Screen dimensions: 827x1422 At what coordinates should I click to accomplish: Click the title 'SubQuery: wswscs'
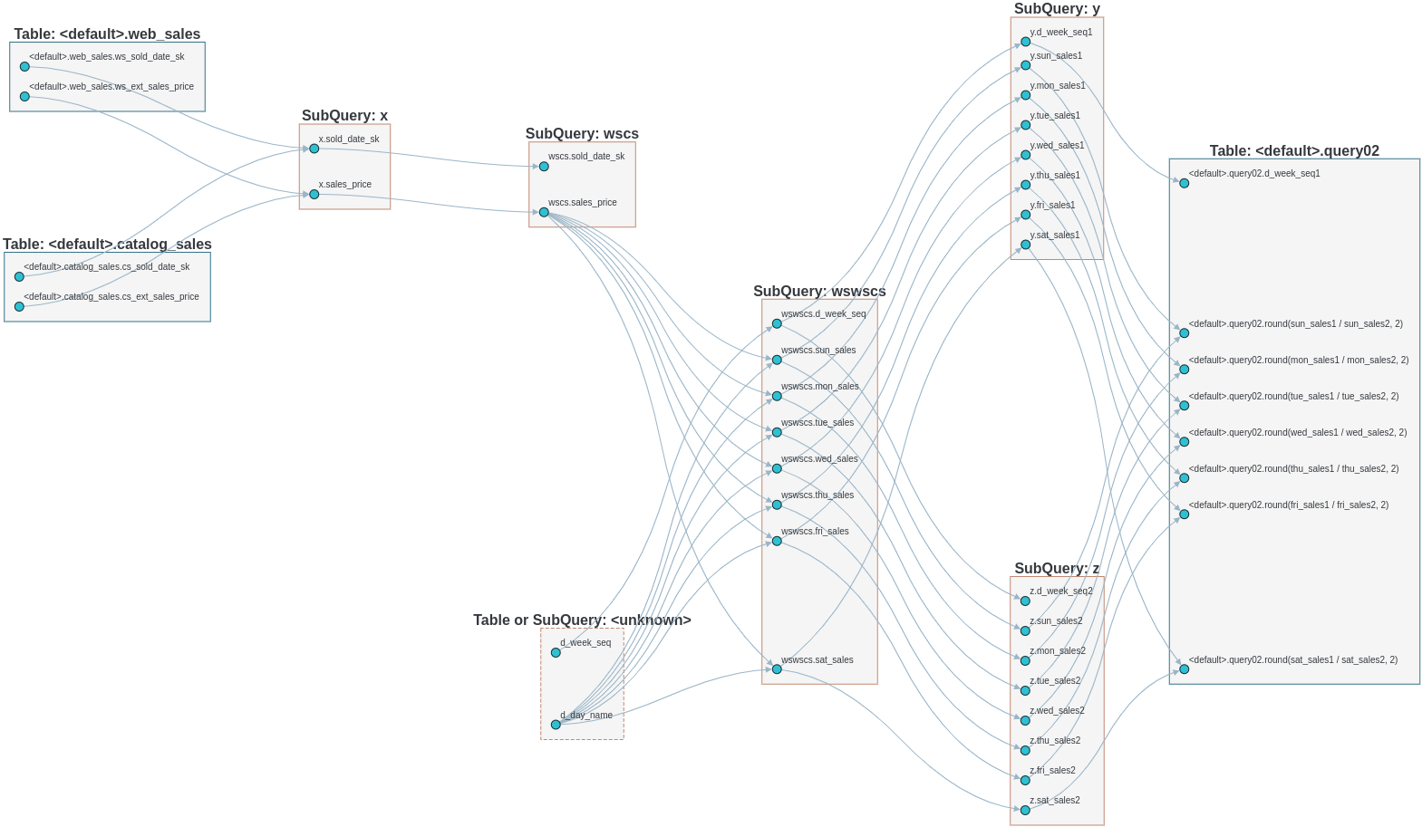(819, 292)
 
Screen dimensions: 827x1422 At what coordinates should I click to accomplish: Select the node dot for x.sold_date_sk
(314, 149)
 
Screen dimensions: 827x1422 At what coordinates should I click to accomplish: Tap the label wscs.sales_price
(582, 203)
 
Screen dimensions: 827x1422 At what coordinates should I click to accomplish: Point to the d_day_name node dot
(556, 725)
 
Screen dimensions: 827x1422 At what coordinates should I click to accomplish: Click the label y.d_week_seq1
(1060, 33)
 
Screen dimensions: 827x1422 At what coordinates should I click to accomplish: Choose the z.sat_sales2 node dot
(1025, 811)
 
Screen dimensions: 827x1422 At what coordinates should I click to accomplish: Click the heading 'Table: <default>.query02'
(1294, 151)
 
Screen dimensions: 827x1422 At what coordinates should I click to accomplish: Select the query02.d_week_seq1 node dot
(1184, 183)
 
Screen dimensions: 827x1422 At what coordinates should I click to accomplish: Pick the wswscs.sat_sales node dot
(777, 669)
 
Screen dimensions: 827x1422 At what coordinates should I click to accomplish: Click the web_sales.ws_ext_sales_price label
(111, 87)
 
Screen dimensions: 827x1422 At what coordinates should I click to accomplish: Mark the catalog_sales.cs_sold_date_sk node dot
(19, 277)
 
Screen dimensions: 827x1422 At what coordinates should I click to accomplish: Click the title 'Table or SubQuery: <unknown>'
(582, 620)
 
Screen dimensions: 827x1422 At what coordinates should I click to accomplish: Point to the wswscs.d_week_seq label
(823, 314)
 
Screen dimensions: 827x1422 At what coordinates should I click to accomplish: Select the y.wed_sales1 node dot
(1025, 155)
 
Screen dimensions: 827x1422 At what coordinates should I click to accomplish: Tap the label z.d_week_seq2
(1060, 591)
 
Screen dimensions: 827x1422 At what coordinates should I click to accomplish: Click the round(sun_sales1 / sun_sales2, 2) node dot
(1184, 333)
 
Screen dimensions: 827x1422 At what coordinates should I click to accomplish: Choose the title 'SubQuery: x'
(344, 116)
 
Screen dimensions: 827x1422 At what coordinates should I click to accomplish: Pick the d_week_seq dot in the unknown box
(556, 653)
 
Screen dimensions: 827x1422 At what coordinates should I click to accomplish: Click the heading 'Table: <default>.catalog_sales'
(107, 245)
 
